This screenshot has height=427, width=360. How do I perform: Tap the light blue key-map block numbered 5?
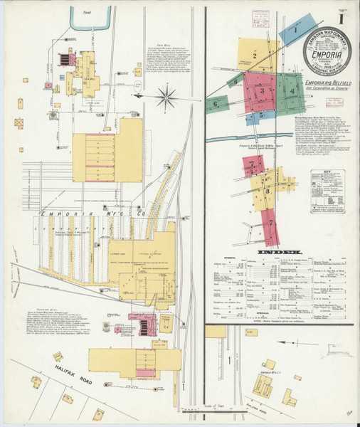[261, 113]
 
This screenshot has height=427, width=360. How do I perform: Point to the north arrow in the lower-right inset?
[290, 343]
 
